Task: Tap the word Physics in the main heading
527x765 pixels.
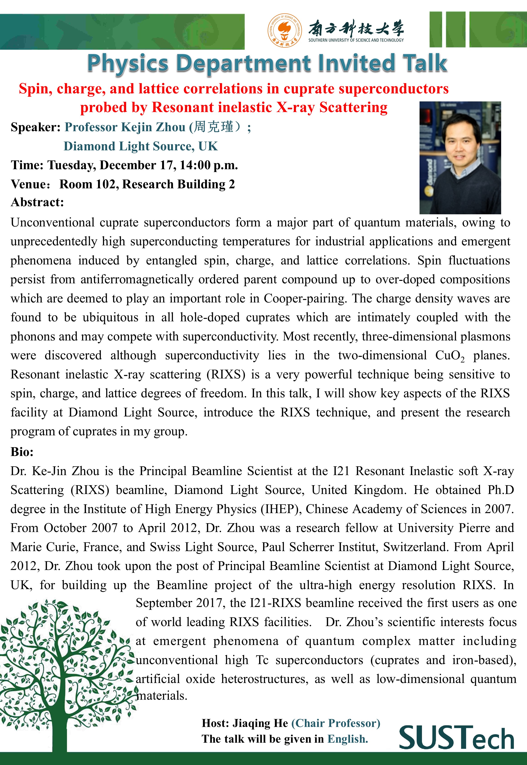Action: click(x=127, y=63)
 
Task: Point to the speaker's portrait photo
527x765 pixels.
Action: click(x=460, y=158)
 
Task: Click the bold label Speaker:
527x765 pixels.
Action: click(x=35, y=127)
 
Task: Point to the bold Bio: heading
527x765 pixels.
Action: click(x=22, y=452)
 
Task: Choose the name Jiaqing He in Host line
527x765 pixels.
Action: click(x=260, y=723)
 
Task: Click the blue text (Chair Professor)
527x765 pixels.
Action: click(x=335, y=723)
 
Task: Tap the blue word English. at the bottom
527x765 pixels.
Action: click(x=347, y=739)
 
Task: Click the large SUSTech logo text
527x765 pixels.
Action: click(x=456, y=738)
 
